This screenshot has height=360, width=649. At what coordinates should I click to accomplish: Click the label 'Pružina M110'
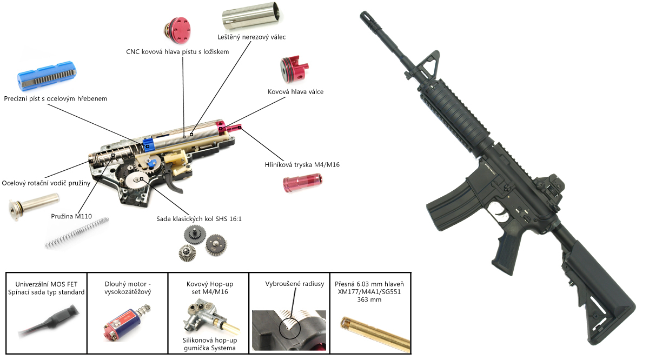coord(71,217)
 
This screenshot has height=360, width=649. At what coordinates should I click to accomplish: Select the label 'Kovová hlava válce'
coord(295,92)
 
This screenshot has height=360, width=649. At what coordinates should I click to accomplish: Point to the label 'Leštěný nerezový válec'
coord(256,37)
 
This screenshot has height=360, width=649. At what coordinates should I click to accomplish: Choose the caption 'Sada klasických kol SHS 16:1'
coord(196,219)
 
